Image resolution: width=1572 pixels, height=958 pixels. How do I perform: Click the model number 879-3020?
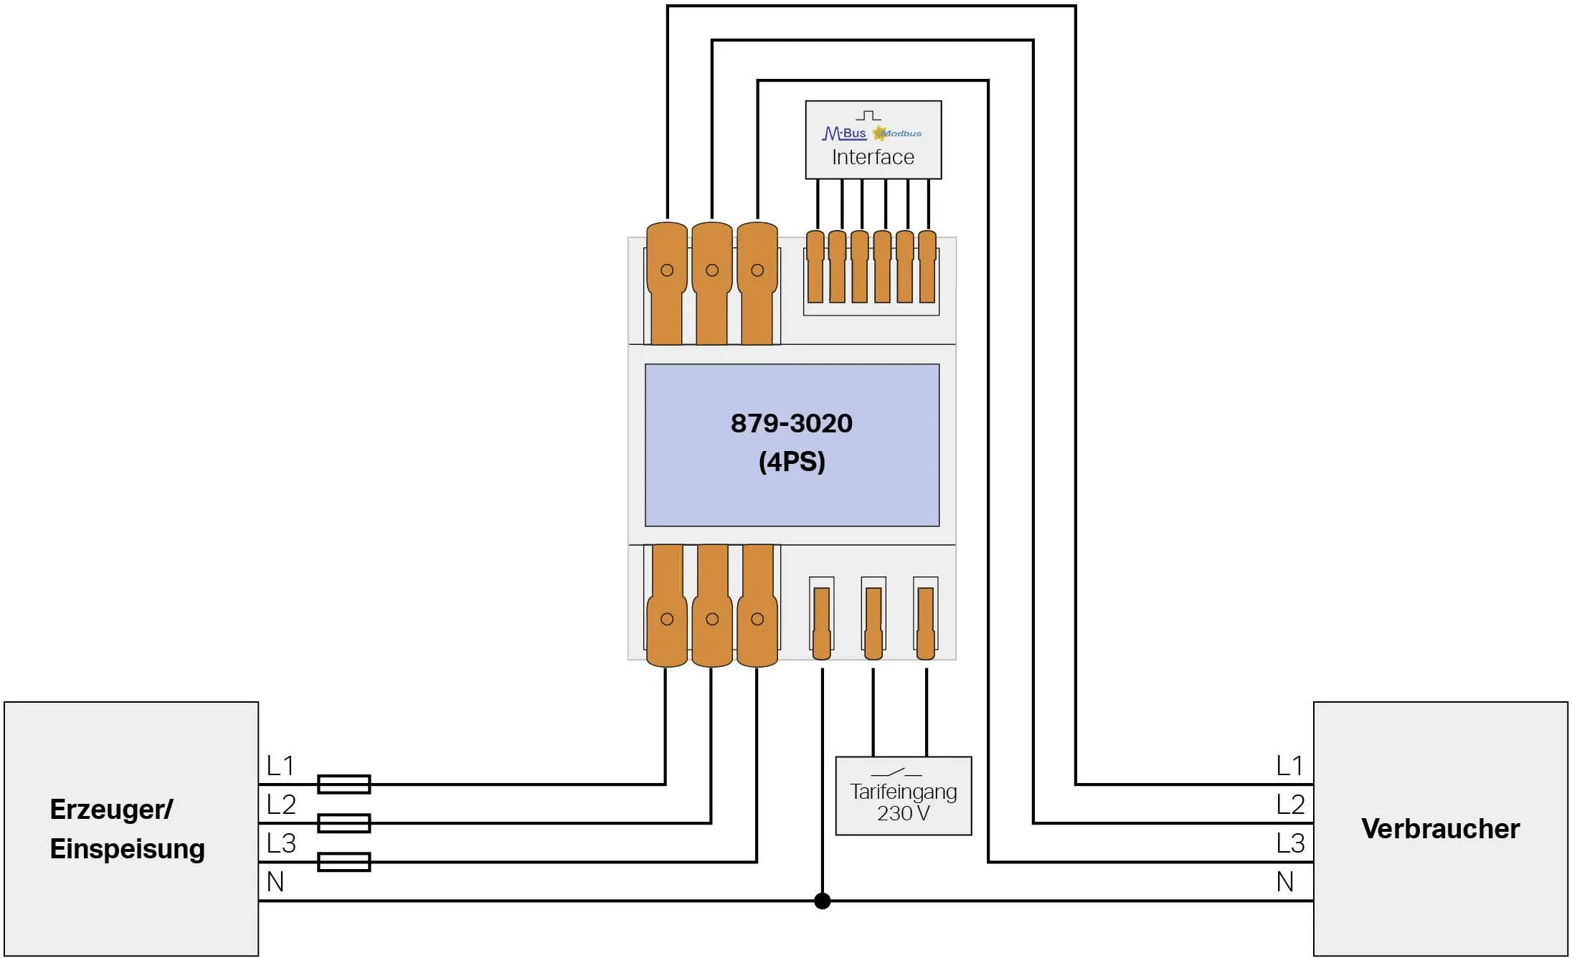click(791, 424)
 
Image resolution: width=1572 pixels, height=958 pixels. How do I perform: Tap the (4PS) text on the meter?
click(792, 462)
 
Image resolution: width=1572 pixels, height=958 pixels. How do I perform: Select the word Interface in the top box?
click(873, 157)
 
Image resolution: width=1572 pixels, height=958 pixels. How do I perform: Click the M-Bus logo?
click(844, 133)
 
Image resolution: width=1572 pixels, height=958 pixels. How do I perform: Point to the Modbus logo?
click(898, 133)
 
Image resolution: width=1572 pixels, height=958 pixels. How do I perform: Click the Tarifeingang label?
click(903, 792)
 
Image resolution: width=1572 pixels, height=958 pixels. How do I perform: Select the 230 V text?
click(903, 813)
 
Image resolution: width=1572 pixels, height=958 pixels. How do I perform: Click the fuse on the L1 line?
click(344, 784)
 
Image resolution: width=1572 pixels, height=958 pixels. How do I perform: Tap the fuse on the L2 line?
click(344, 823)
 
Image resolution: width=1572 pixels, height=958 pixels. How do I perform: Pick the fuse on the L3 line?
click(344, 862)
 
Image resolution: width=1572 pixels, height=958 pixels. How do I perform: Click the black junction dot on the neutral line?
click(823, 901)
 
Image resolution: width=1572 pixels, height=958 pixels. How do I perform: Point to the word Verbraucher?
click(1440, 829)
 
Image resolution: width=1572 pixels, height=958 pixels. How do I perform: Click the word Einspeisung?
click(127, 849)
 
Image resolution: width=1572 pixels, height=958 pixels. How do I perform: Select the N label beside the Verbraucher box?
click(1284, 882)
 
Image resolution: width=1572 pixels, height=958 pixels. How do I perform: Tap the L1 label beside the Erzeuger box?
click(280, 766)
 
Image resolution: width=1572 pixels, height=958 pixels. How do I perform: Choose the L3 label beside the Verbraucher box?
click(1289, 843)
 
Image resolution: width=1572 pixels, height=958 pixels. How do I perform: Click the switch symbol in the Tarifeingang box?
click(896, 773)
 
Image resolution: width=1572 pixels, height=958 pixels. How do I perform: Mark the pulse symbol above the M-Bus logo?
click(868, 115)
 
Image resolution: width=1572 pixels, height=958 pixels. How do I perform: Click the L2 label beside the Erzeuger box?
click(280, 805)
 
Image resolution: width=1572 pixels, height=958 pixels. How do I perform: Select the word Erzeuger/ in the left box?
click(111, 810)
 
